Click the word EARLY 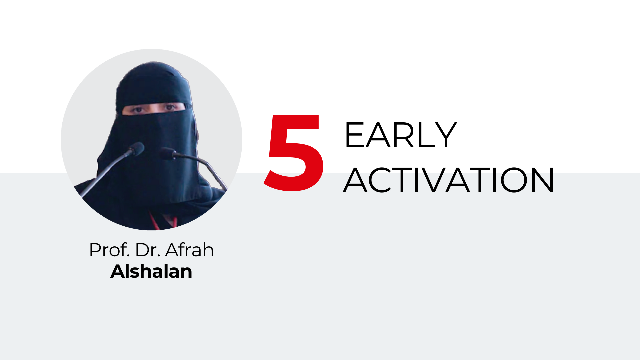400,135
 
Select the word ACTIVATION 448,180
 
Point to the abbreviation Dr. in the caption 148,250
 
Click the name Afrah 189,250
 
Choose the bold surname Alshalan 151,271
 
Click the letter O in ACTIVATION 514,180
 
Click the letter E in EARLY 354,135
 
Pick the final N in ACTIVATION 544,180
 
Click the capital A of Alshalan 118,271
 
